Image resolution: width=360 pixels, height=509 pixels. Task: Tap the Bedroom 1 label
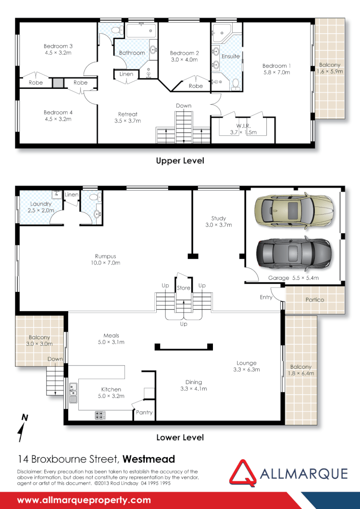[x=276, y=66]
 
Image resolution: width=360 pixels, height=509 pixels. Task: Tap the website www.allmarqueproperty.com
[x=84, y=500]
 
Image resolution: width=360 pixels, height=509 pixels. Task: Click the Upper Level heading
[x=180, y=160]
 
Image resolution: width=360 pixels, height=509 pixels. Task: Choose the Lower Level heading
[x=180, y=437]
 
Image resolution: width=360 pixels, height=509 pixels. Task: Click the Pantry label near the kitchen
[x=144, y=412]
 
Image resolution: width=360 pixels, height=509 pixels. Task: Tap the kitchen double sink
[x=73, y=392]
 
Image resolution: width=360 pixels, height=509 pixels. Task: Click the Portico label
[x=315, y=300]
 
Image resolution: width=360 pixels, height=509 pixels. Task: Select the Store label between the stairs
[x=184, y=288]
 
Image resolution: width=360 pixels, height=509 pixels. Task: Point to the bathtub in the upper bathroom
[x=140, y=32]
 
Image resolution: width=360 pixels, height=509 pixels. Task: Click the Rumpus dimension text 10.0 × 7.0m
[x=105, y=263]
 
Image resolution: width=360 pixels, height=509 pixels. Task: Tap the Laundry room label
[x=41, y=204]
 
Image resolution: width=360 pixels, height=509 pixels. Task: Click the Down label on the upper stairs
[x=183, y=106]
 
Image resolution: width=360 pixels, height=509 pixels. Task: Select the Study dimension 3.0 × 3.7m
[x=218, y=225]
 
